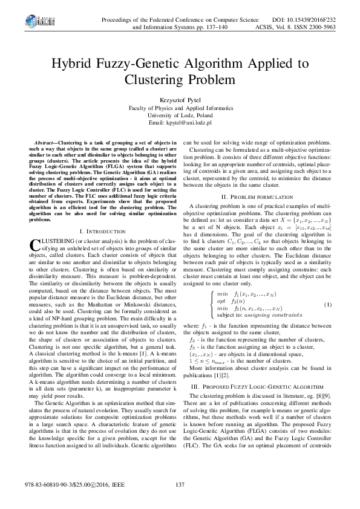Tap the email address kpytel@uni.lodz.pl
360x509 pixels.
[180, 123]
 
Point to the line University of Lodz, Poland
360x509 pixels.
[180, 114]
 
